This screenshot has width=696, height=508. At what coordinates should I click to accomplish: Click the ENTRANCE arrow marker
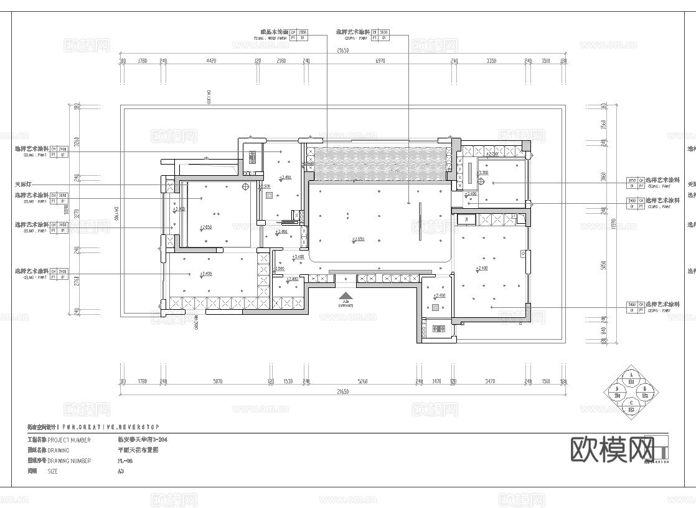point(346,299)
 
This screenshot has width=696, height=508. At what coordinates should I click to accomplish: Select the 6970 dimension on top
point(380,61)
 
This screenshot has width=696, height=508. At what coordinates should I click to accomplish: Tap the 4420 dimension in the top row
point(210,61)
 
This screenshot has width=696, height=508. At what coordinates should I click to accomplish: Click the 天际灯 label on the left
point(23,185)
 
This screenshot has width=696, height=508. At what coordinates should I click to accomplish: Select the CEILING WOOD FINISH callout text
point(275,37)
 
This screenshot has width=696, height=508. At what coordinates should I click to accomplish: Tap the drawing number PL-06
point(125,461)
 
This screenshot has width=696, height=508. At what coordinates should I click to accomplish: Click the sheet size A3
point(121,471)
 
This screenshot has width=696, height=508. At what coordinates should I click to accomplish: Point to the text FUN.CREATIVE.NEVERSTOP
point(110,427)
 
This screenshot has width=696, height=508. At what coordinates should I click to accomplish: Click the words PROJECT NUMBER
point(69,439)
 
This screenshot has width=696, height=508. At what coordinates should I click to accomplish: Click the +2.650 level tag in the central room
point(357,239)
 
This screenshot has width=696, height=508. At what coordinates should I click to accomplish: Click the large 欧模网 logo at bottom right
point(613,449)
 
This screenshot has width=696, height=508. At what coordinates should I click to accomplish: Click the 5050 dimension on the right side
point(603,264)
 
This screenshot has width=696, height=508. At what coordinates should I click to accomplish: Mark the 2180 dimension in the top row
point(281,61)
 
